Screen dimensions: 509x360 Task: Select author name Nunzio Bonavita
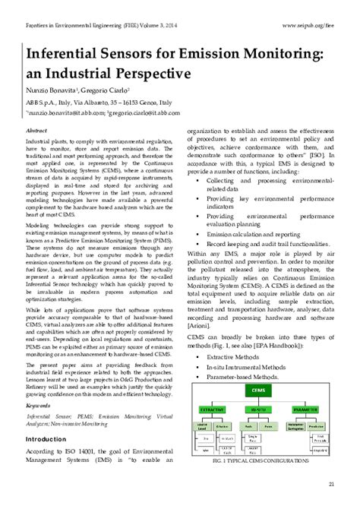(54, 91)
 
